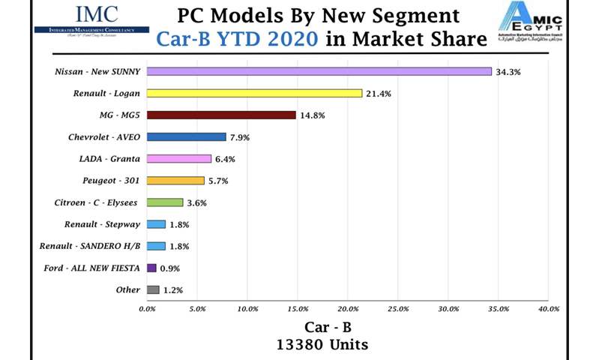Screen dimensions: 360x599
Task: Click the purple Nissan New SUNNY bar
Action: (319, 71)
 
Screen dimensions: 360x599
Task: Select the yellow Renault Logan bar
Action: (254, 93)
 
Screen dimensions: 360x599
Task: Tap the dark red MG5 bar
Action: (221, 115)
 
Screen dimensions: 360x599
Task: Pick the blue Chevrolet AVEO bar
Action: (187, 136)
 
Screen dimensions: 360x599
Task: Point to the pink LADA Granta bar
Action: (179, 159)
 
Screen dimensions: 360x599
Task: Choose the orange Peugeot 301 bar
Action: (175, 181)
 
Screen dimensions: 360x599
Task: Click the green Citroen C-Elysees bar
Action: (165, 202)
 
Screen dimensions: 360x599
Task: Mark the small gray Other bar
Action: (153, 289)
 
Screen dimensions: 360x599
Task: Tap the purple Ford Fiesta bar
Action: (151, 268)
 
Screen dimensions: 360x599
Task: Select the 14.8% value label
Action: (311, 115)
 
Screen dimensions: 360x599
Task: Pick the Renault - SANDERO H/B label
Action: (91, 246)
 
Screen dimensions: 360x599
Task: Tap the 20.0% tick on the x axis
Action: (348, 309)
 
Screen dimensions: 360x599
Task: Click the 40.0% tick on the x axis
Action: (549, 309)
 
